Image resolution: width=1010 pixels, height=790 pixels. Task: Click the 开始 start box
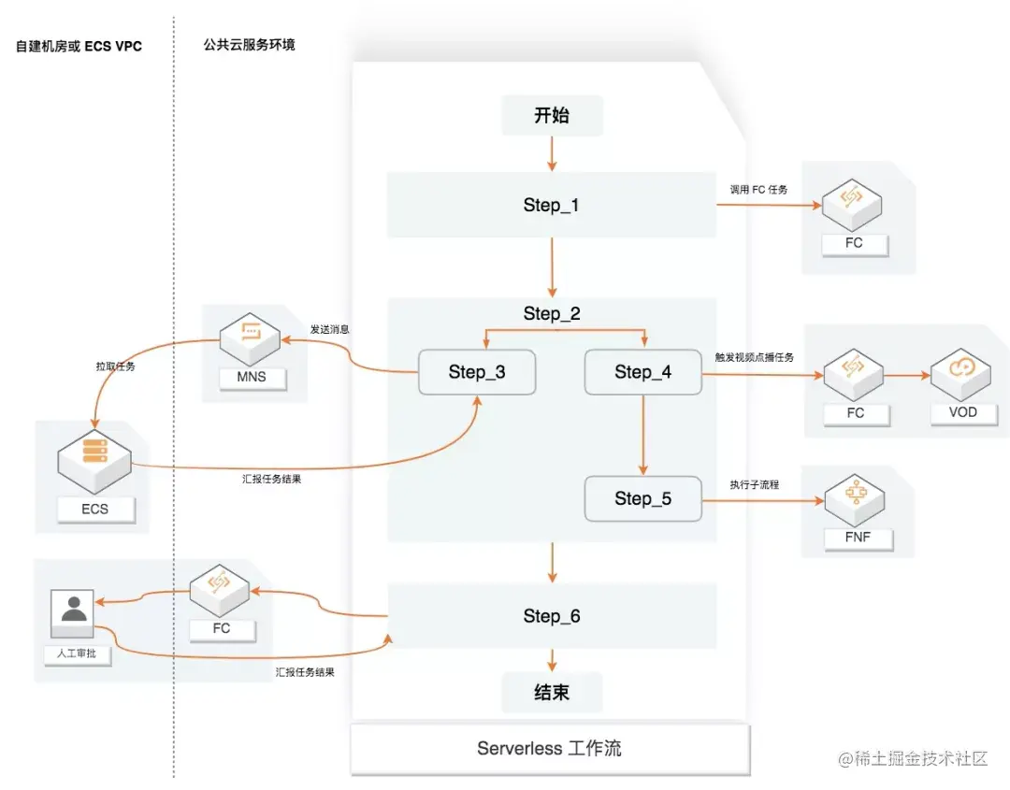point(552,116)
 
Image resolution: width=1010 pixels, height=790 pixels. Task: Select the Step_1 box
point(552,205)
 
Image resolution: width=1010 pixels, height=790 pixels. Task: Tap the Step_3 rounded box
point(477,372)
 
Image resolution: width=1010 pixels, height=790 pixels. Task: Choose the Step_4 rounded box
point(642,372)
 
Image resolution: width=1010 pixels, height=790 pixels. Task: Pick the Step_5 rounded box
point(642,498)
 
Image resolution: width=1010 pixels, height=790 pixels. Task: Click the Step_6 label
point(552,616)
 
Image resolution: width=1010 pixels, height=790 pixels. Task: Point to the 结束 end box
point(552,693)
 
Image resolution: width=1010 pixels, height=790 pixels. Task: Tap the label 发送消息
point(330,330)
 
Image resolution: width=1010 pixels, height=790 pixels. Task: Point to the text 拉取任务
point(115,366)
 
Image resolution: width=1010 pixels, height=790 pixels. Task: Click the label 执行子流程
point(755,485)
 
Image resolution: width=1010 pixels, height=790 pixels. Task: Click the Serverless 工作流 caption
point(549,749)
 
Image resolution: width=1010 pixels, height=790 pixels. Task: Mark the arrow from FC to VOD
point(906,375)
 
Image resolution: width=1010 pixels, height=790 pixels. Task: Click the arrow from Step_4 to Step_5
point(643,434)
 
